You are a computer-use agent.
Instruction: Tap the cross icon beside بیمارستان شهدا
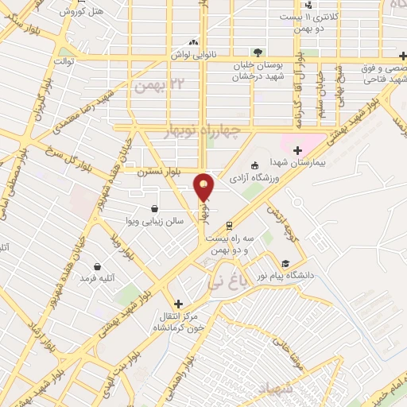pyautogui.click(x=297, y=149)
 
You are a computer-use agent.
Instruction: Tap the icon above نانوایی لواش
pyautogui.click(x=194, y=42)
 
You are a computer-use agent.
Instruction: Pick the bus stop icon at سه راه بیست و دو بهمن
pyautogui.click(x=230, y=226)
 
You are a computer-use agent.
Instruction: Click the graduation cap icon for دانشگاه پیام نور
pyautogui.click(x=285, y=264)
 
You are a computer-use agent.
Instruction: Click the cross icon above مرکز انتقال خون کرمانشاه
pyautogui.click(x=178, y=303)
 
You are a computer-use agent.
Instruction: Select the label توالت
pyautogui.click(x=63, y=61)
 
